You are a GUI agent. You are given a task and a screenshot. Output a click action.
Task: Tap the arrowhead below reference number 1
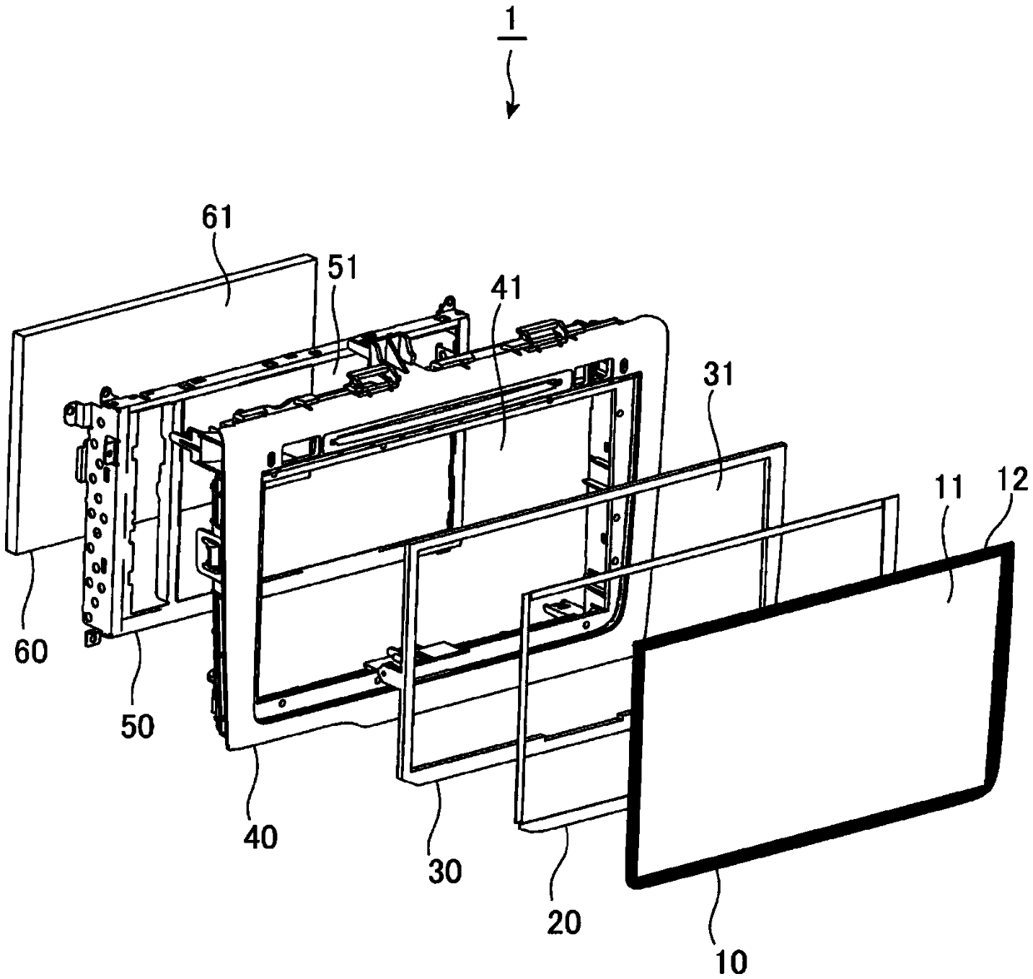[x=512, y=110]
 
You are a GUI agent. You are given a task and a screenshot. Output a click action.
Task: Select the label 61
[x=217, y=217]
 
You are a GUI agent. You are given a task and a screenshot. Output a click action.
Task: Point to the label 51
[x=342, y=268]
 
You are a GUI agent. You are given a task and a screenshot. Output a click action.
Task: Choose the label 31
[x=718, y=375]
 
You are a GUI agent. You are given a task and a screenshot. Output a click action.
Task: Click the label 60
[x=31, y=651]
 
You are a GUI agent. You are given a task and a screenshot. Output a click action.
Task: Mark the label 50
[x=137, y=727]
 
